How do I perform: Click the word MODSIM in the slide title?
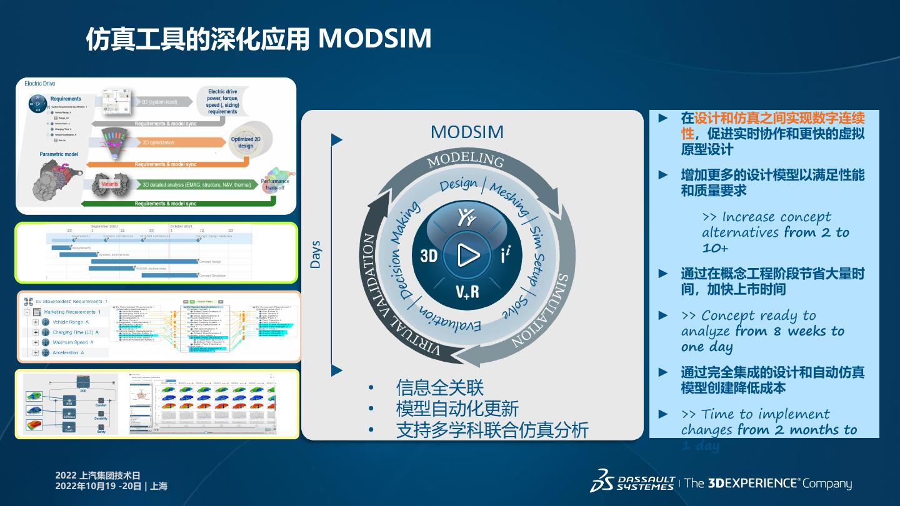click(375, 39)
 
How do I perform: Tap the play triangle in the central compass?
click(468, 255)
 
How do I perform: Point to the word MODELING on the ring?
click(466, 160)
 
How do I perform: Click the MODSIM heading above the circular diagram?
click(467, 132)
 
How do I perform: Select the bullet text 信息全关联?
click(440, 387)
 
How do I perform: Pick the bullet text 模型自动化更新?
click(457, 409)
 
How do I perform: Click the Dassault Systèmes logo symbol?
click(603, 480)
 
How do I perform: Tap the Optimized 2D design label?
click(246, 142)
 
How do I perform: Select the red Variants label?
click(109, 184)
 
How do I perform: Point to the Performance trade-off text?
click(275, 184)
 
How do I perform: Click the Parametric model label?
click(59, 154)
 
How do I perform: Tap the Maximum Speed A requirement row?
click(72, 342)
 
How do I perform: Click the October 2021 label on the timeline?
click(181, 226)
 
